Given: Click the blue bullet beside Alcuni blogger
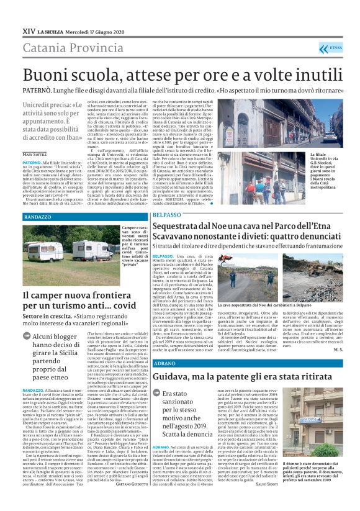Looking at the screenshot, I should point(28,337).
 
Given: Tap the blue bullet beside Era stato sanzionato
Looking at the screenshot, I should point(156,394).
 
